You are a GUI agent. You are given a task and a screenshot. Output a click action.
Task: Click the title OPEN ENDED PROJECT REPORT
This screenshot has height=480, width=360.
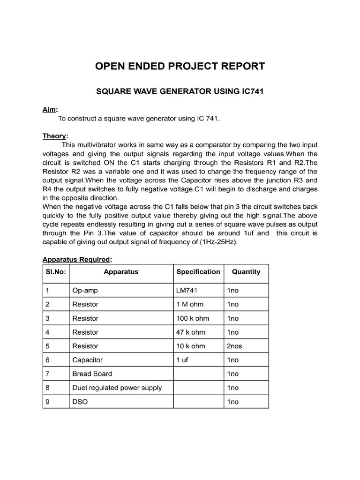click(x=180, y=66)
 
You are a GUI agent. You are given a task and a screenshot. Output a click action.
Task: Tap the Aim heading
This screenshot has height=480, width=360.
click(x=50, y=110)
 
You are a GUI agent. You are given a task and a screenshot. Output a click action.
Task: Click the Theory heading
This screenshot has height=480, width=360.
click(x=55, y=136)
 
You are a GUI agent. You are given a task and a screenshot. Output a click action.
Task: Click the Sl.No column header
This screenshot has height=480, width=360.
click(x=54, y=272)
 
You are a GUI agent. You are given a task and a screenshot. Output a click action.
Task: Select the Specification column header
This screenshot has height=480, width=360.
click(x=198, y=272)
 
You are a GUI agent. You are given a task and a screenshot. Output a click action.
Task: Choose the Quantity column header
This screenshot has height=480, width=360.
click(x=246, y=272)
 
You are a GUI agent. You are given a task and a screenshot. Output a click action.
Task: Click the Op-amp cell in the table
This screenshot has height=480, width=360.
click(x=85, y=291)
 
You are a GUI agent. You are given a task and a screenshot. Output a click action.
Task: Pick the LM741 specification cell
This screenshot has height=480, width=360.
click(x=188, y=291)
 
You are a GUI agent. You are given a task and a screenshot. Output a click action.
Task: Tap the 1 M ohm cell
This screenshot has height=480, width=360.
click(x=190, y=304)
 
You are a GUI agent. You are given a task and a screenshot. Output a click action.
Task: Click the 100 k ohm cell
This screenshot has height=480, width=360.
click(x=193, y=318)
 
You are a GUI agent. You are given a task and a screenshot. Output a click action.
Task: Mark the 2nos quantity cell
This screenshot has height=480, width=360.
click(x=234, y=346)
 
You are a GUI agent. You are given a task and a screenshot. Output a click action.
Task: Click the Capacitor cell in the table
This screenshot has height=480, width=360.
click(x=87, y=360)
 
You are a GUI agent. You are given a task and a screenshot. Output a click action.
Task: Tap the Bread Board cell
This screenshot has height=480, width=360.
click(x=92, y=374)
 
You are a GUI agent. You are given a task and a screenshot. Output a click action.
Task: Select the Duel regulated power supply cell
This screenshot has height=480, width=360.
click(x=117, y=388)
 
